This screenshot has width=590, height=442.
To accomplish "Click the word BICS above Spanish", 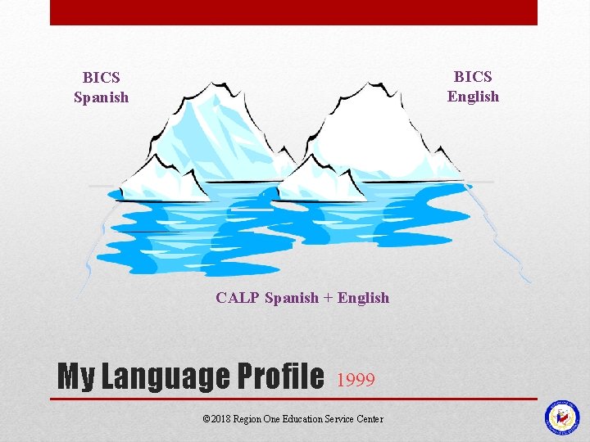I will pyautogui.click(x=102, y=78).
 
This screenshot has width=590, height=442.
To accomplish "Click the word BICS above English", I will pyautogui.click(x=473, y=77).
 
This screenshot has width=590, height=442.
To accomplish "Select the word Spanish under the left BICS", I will pyautogui.click(x=102, y=97).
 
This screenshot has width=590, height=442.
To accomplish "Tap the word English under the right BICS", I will pyautogui.click(x=473, y=97).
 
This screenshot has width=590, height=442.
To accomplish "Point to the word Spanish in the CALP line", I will pyautogui.click(x=292, y=298).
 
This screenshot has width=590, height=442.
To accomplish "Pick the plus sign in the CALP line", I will pyautogui.click(x=329, y=298).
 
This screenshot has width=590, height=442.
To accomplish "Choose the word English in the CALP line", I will pyautogui.click(x=363, y=298).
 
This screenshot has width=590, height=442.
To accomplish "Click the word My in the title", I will pyautogui.click(x=75, y=377).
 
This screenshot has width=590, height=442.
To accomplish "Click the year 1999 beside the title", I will pyautogui.click(x=356, y=380).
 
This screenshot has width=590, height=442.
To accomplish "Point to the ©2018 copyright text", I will pyautogui.click(x=216, y=419).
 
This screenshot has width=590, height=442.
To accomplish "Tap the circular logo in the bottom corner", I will pyautogui.click(x=562, y=417).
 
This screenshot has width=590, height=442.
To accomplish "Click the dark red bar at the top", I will pyautogui.click(x=293, y=12).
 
